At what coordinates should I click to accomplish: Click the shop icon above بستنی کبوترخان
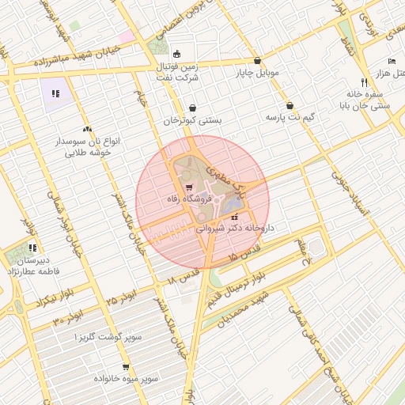tap(194, 108)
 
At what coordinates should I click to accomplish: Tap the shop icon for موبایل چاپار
tap(257, 61)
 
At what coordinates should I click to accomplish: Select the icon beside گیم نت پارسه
tap(290, 105)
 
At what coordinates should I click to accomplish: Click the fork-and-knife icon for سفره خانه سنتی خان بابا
tap(364, 82)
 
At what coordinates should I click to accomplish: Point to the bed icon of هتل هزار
tap(392, 61)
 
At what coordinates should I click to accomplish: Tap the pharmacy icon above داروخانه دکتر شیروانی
tap(234, 216)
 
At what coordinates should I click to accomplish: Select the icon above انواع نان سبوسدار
tap(86, 128)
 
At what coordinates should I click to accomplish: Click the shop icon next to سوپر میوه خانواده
tap(94, 378)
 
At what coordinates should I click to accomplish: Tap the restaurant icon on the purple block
tap(55, 94)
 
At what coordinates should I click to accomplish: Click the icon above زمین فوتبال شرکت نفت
tap(176, 55)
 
